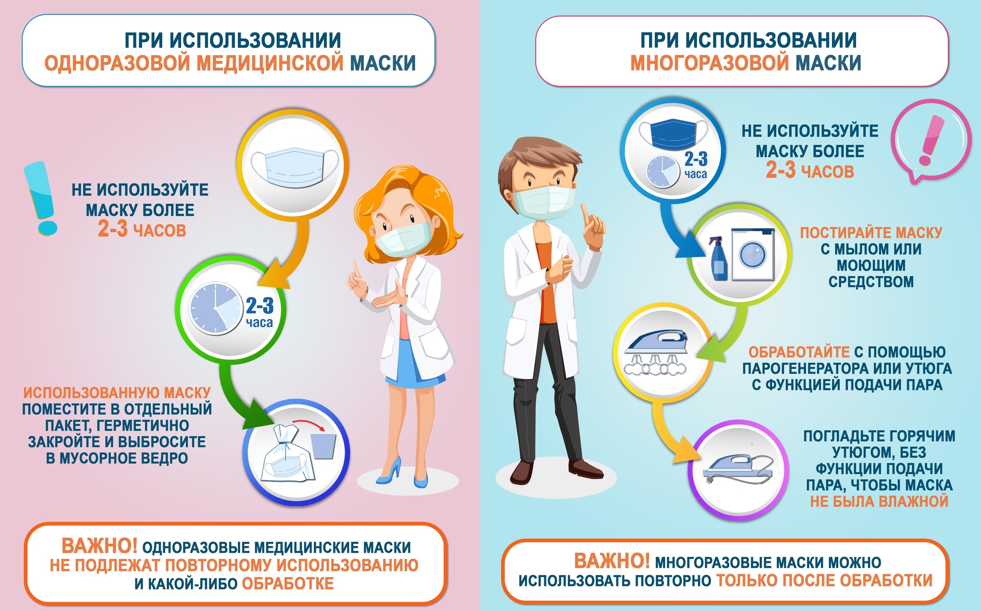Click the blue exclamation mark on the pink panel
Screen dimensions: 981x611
coord(40,198)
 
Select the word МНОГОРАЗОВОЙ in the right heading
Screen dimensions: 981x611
coord(710,63)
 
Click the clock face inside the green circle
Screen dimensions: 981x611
coord(215,308)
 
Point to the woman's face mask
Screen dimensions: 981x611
coord(403,239)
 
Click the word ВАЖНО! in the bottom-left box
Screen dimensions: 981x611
coord(99,546)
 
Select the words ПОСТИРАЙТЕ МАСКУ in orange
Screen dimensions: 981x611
coord(871,233)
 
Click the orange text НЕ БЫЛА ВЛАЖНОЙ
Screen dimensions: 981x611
coord(879,502)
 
